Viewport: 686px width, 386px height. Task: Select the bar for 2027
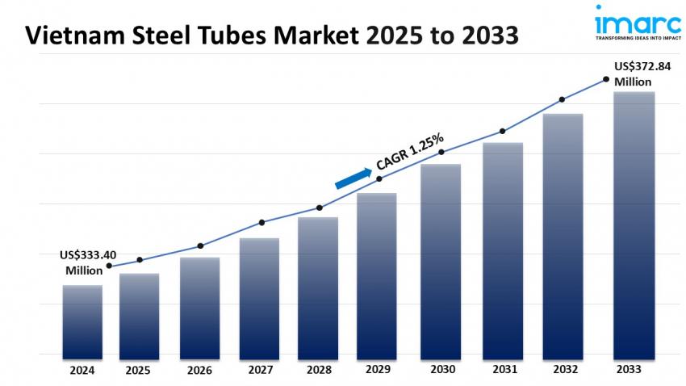coord(259,298)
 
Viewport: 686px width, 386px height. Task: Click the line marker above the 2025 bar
coord(140,260)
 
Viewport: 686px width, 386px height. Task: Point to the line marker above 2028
coord(319,208)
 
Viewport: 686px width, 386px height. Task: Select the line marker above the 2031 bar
coord(503,131)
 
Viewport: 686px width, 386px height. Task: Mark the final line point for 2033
coord(605,79)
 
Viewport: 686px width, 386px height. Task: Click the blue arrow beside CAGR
coord(353,177)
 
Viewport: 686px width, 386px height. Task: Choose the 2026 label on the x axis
coord(199,370)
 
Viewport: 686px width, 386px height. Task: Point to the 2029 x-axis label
coord(377,370)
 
